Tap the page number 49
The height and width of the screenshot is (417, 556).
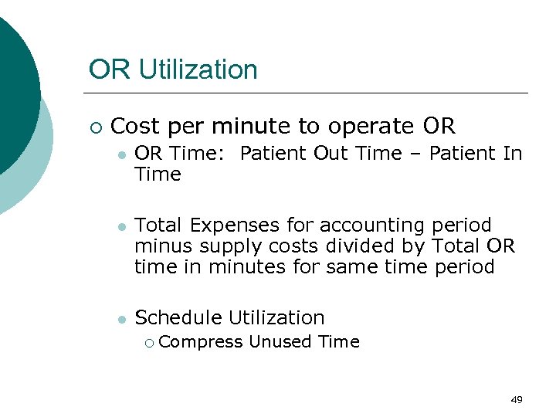[517, 399]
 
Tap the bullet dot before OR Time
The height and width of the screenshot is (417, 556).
[119, 154]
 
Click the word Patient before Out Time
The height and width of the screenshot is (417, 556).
[274, 154]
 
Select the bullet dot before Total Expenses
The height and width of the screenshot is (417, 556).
[119, 226]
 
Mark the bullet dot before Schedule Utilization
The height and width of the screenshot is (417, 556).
[119, 318]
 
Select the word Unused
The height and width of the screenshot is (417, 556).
[276, 341]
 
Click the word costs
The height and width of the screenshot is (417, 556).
[303, 246]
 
